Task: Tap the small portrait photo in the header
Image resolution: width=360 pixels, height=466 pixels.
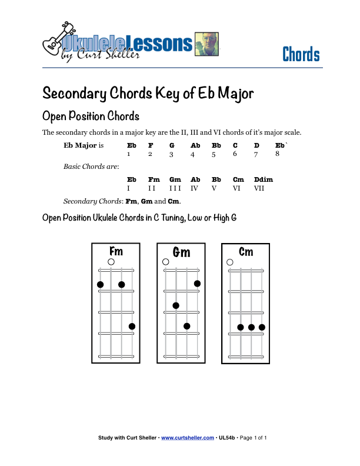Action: point(206,44)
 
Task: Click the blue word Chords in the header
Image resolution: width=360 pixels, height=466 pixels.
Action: point(301,55)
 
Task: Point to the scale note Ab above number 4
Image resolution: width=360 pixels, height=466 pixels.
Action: point(195,145)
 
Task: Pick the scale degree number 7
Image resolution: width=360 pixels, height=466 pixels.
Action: point(256,154)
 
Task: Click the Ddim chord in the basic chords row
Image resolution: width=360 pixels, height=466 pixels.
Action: point(263,179)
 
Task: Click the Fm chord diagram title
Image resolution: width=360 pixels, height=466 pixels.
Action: point(116,251)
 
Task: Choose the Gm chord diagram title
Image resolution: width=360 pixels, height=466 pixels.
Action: point(181,252)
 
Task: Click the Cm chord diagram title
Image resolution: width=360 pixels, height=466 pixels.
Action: point(246,251)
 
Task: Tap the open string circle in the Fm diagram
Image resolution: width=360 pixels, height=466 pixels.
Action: point(111,262)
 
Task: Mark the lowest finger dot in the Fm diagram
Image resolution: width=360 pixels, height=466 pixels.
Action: point(132,327)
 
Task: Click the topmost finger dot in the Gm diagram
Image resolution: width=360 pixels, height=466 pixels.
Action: point(197,284)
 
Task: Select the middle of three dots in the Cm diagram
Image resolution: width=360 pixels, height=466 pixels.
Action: point(251,327)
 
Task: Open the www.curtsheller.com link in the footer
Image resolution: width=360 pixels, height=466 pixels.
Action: point(188,438)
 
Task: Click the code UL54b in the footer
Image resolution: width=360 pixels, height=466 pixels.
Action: point(227,438)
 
